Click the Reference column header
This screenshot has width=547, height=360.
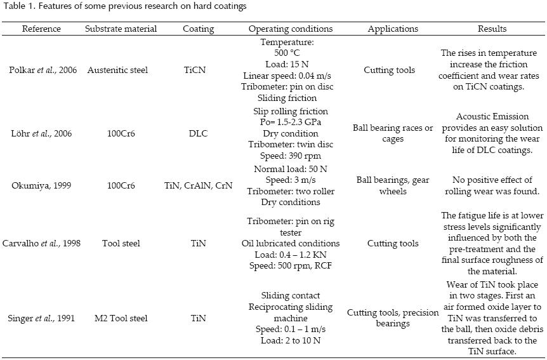tap(41, 29)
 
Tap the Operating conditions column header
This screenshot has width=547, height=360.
tap(290, 29)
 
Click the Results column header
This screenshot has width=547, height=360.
tap(492, 29)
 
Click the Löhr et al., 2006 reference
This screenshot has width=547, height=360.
tap(42, 134)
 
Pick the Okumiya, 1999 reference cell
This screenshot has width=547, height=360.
tap(42, 185)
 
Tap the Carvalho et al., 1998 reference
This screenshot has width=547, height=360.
tap(42, 243)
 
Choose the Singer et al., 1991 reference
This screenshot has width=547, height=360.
tap(42, 318)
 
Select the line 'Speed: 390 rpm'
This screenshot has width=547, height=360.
tap(291, 156)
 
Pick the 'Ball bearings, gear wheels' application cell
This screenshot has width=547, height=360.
tap(393, 185)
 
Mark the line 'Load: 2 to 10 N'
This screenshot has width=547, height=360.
tap(291, 340)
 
